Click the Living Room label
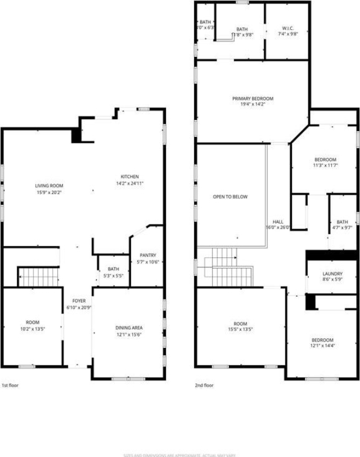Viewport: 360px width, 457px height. pos(49,186)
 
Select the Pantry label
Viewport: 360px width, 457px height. pos(148,256)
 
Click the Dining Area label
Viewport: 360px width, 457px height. pos(129,328)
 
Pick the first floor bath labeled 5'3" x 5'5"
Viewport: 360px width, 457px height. pos(114,272)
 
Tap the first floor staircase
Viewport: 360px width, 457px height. pos(39,277)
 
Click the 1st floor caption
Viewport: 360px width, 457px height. pos(11,386)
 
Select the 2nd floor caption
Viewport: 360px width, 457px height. pos(204,386)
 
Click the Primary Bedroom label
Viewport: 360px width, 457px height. pos(252,98)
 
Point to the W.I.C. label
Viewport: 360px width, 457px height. pos(287,29)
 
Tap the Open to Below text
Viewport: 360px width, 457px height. pos(230,197)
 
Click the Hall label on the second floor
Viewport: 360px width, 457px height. pos(277,222)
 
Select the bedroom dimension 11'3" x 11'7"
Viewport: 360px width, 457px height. pos(325,166)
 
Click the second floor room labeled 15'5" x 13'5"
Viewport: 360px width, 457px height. pos(241,326)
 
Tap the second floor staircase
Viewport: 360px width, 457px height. pos(228,269)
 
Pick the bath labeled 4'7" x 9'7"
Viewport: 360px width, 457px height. pos(342,225)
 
